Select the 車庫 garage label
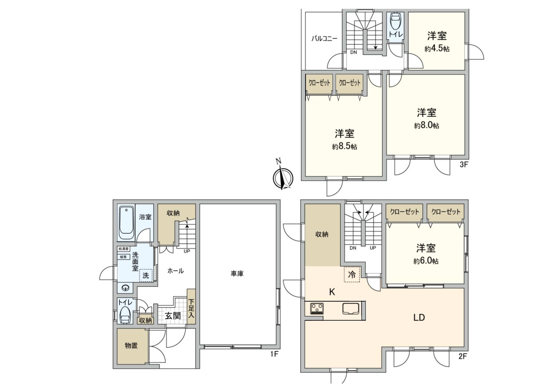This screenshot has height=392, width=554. coord(237,274)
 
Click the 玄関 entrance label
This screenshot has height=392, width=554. coord(173,315)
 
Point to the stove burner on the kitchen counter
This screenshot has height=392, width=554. coord(317,309)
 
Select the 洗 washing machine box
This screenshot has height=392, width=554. coord(146,275)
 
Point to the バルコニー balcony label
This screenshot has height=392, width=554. coord(324,38)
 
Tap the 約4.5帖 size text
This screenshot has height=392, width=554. coord(437,49)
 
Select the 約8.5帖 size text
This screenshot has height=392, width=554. coord(344,146)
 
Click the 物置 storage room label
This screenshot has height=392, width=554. coord(131,345)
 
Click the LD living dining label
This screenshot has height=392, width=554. coord(419,317)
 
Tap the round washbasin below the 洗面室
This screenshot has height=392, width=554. coord(126,288)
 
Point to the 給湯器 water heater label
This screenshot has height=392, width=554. coord(123,249)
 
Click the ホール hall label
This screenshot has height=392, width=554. coord(175,271)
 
